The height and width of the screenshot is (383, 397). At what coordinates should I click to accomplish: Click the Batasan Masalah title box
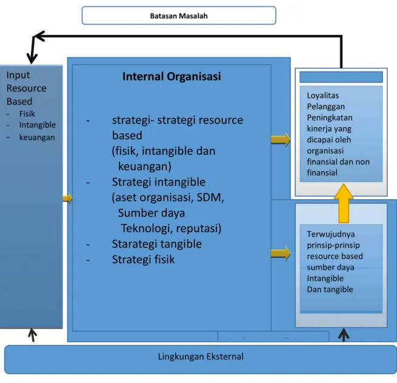click(179, 15)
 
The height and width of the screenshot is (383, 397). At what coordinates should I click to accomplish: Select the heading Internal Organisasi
click(172, 76)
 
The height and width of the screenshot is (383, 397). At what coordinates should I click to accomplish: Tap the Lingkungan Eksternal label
click(201, 356)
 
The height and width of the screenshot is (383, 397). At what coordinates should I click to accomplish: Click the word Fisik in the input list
click(27, 114)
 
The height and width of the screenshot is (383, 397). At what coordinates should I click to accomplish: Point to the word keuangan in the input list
click(37, 137)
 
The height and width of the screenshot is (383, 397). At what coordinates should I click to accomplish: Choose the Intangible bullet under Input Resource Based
click(38, 125)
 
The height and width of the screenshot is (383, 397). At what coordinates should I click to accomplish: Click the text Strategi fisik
click(143, 260)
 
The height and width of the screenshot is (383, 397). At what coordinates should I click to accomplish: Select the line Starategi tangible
click(157, 244)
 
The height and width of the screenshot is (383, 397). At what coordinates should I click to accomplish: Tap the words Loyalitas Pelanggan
click(326, 101)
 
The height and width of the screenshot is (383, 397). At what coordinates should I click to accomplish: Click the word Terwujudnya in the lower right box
click(331, 234)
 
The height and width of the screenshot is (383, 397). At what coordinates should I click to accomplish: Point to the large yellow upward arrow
click(344, 203)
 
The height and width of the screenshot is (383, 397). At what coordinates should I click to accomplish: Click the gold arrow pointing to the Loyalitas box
click(281, 140)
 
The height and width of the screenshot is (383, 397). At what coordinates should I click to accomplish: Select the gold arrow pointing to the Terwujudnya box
click(281, 254)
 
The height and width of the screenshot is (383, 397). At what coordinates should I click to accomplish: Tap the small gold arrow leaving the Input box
click(67, 198)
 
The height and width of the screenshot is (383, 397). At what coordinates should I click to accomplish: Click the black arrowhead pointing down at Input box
click(32, 59)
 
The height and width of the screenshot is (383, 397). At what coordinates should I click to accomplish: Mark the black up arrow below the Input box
click(32, 335)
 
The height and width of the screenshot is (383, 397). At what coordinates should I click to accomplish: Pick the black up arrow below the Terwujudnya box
click(344, 335)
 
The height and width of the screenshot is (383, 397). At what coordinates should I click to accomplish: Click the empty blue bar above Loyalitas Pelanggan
click(341, 77)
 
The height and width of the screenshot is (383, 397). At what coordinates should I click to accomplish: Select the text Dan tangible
click(330, 289)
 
